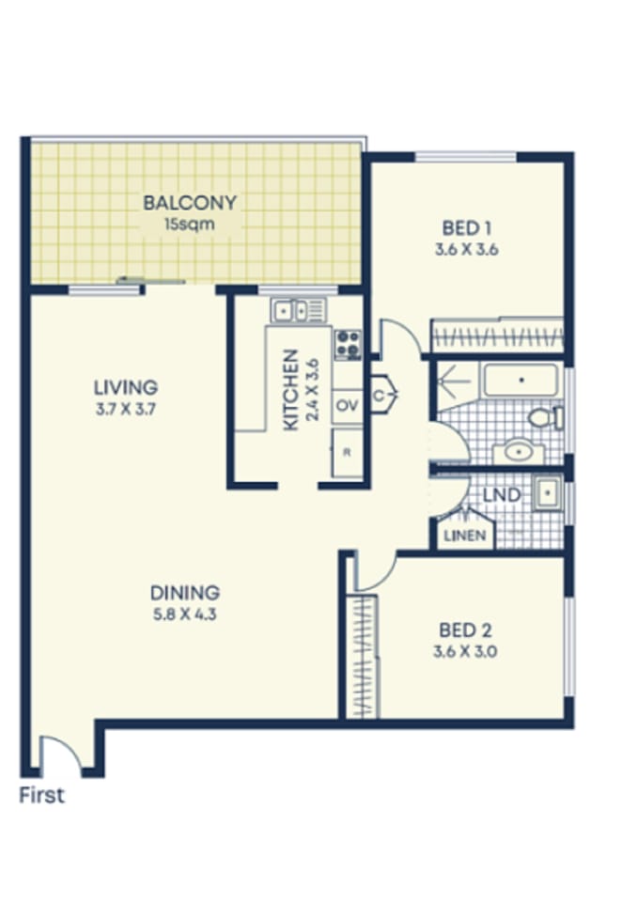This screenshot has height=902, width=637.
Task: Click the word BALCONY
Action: (x=189, y=202)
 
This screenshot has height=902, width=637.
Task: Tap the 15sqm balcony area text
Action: (x=189, y=225)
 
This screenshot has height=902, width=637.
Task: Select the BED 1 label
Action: (x=467, y=227)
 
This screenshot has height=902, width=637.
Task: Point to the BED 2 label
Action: (x=465, y=630)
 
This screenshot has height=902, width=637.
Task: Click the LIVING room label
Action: (x=125, y=386)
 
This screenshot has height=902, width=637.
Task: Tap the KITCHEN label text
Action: (x=291, y=390)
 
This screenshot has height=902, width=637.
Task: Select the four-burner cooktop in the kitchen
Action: (x=348, y=344)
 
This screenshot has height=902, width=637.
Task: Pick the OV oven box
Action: (x=347, y=405)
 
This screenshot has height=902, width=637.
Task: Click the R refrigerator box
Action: (x=347, y=453)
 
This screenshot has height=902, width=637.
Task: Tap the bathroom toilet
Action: (x=544, y=417)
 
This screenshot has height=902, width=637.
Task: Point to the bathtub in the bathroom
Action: (x=520, y=381)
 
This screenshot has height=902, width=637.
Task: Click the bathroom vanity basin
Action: (x=518, y=452)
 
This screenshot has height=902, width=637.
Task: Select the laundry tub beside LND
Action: (x=546, y=493)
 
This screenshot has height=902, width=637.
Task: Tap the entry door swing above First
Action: (x=60, y=752)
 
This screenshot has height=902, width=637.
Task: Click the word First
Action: (x=42, y=795)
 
